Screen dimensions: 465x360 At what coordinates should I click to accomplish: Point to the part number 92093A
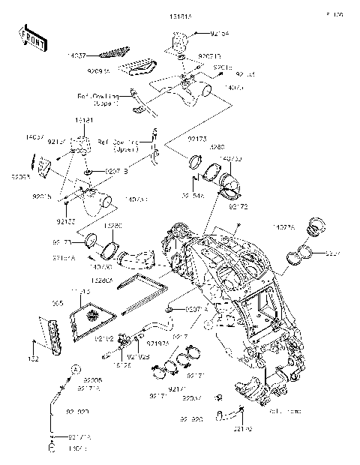[x=119, y=70]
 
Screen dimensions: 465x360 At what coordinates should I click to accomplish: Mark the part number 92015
[x=41, y=196]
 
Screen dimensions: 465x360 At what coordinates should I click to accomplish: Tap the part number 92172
[x=238, y=205]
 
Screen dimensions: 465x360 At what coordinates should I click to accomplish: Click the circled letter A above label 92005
[x=76, y=370]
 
